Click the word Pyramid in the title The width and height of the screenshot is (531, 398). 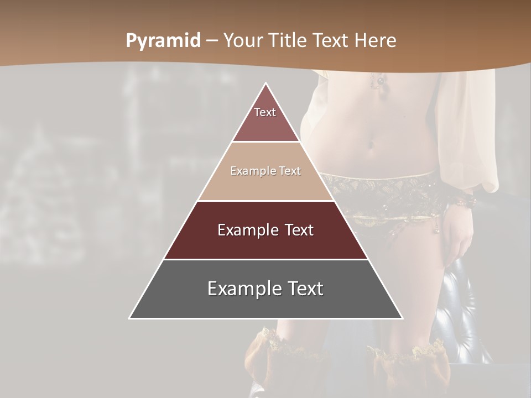point(163,41)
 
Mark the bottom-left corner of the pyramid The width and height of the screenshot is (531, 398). point(130,318)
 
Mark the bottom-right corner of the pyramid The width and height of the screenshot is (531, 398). point(402,318)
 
